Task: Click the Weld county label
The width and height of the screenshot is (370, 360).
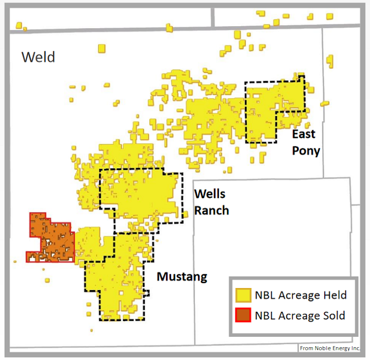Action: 38,56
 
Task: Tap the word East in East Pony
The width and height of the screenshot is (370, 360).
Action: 303,135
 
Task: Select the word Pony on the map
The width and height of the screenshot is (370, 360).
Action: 306,150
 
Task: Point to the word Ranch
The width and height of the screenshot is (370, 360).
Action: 211,210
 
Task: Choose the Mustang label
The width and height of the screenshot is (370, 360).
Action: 182,277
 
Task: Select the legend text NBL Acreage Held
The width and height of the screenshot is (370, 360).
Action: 301,295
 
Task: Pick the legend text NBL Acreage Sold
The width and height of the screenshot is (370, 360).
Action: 300,315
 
